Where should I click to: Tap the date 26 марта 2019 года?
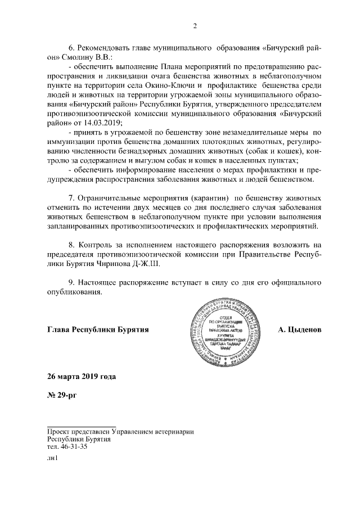(83, 375)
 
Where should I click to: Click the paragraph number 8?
(71, 245)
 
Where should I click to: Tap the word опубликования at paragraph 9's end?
(74, 292)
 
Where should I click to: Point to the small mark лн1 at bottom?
(52, 458)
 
